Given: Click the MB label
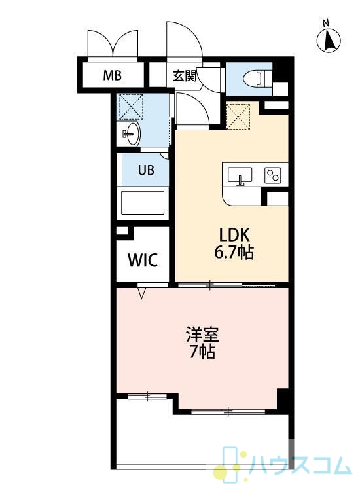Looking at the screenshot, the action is pyautogui.click(x=113, y=75).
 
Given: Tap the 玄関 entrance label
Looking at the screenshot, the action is pyautogui.click(x=185, y=75).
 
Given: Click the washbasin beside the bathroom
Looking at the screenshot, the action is pyautogui.click(x=132, y=134).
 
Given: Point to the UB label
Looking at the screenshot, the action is pyautogui.click(x=146, y=170).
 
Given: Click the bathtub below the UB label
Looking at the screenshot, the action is pyautogui.click(x=143, y=202).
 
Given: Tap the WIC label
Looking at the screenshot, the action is pyautogui.click(x=143, y=260).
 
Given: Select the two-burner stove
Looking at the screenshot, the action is pyautogui.click(x=273, y=175).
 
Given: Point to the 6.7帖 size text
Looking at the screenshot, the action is pyautogui.click(x=234, y=252).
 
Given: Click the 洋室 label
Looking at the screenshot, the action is pyautogui.click(x=202, y=335).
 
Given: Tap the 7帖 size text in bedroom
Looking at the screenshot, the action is pyautogui.click(x=202, y=353).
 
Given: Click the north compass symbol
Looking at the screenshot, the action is pyautogui.click(x=329, y=41).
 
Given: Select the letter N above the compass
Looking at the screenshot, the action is pyautogui.click(x=326, y=22).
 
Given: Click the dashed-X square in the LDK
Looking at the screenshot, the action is pyautogui.click(x=238, y=116).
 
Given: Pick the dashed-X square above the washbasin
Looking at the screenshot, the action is pyautogui.click(x=131, y=107).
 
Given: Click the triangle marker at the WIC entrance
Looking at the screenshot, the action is pyautogui.click(x=142, y=294).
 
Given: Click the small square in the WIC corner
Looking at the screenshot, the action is pyautogui.click(x=121, y=231).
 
